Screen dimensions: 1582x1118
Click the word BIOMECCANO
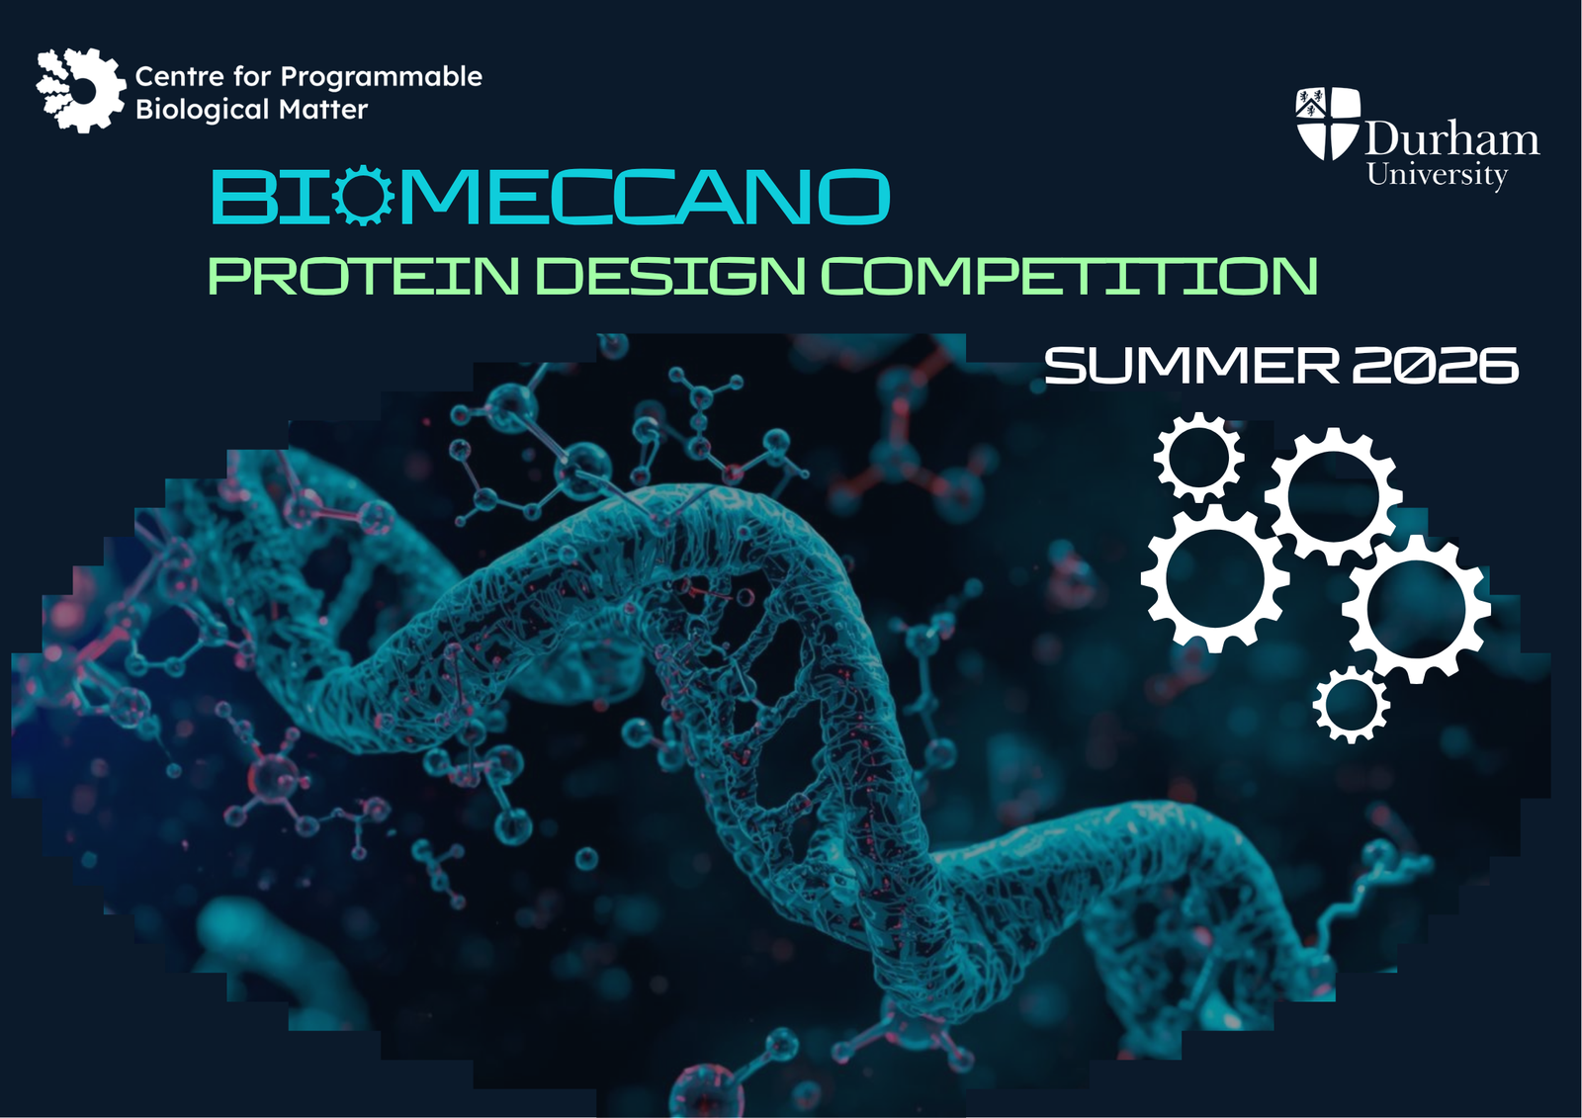tap(550, 197)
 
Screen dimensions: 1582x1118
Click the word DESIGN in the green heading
tap(673, 276)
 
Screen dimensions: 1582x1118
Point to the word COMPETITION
tap(1070, 276)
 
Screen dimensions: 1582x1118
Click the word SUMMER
tap(1190, 365)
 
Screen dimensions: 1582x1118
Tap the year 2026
tap(1435, 365)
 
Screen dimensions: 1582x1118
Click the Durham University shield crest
tap(1328, 124)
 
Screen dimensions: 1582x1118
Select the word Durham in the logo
tap(1451, 137)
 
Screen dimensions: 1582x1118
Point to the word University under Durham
tap(1438, 175)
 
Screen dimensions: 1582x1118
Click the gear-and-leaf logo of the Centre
tap(81, 90)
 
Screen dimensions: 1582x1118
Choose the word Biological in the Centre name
tap(203, 110)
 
